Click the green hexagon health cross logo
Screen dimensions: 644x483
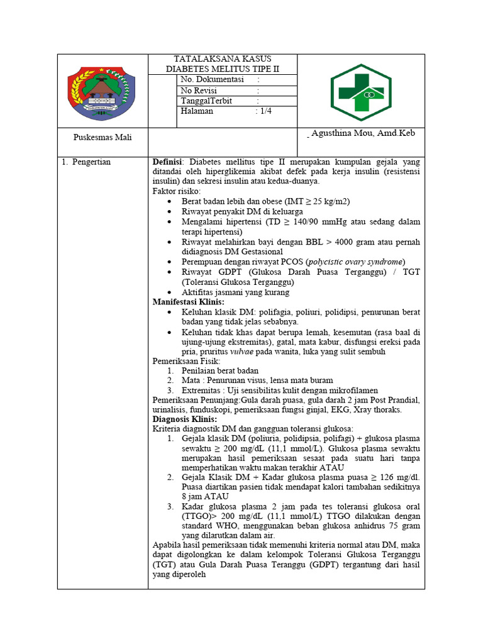(361, 93)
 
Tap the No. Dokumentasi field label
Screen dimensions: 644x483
(212, 79)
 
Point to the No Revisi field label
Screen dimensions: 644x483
(198, 91)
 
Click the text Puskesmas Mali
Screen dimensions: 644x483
(103, 137)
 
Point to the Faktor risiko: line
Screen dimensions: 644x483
(177, 191)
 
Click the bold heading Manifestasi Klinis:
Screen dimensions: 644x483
(189, 302)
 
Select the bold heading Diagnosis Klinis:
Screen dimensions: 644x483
(185, 419)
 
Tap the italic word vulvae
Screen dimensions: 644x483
(242, 352)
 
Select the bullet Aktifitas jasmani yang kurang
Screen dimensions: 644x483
(235, 292)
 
